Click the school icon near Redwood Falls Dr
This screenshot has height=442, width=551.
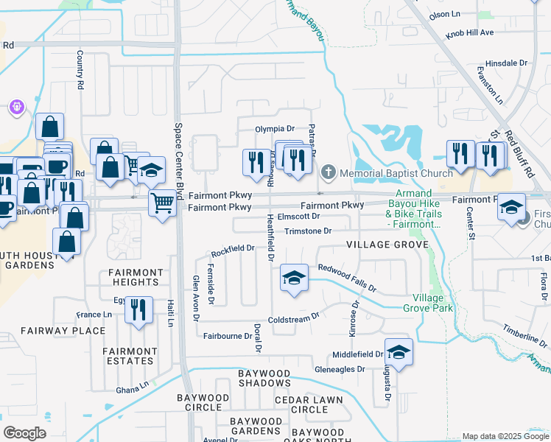(x=294, y=278)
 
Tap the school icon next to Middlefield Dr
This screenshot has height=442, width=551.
(x=398, y=353)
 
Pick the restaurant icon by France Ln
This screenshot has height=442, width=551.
(x=138, y=310)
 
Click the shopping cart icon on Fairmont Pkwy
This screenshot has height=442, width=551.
(x=162, y=202)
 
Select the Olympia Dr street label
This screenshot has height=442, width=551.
(x=274, y=128)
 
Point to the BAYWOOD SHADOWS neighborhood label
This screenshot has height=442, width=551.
(x=264, y=379)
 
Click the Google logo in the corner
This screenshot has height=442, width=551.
(x=24, y=433)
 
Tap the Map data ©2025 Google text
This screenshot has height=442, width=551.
(x=505, y=436)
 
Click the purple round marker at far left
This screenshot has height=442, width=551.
(x=17, y=108)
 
